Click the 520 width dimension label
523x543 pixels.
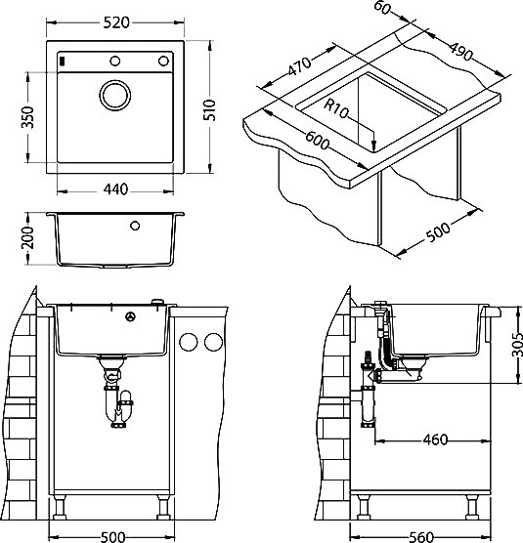pos(116,22)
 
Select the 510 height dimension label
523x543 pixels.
pos(209,109)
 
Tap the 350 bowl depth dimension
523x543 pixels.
pos(27,117)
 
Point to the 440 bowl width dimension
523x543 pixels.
pos(115,189)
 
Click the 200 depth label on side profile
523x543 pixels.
pos(27,237)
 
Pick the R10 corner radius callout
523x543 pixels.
pos(335,108)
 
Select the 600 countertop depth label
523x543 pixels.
pos(317,140)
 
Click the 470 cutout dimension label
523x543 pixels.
pos(299,65)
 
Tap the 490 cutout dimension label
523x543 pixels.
pos(461,51)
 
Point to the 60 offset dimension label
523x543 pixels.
pos(381,8)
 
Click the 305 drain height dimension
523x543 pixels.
pos(517,344)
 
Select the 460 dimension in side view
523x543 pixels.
pos(435,439)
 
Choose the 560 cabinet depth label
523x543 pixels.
pos(421,537)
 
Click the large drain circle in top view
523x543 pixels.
pos(115,96)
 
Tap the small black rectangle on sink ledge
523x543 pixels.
pos(63,61)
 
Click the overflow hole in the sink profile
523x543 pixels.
pos(135,226)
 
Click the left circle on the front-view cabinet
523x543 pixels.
pos(189,342)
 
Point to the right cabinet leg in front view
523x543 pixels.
pos(162,507)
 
